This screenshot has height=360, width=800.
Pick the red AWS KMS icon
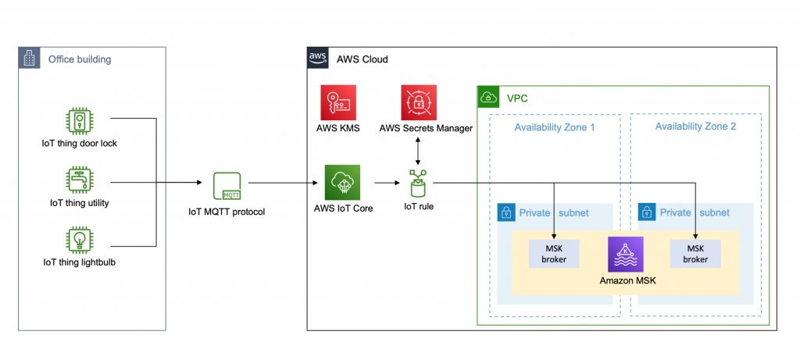click(x=338, y=102)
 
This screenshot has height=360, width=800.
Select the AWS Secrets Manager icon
click(x=420, y=102)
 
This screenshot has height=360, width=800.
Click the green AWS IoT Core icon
click(x=342, y=182)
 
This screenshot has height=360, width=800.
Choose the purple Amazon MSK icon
click(x=626, y=254)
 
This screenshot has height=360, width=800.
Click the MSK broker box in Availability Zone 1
click(x=554, y=253)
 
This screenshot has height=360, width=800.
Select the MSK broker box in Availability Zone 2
click(x=695, y=253)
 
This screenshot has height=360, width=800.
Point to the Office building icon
click(x=29, y=59)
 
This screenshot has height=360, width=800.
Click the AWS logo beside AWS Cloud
click(x=317, y=58)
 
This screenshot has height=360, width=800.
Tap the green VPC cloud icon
click(x=488, y=97)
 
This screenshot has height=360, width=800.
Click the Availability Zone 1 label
click(x=554, y=127)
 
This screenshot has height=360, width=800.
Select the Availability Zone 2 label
click(x=695, y=127)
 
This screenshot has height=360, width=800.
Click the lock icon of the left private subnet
click(x=506, y=212)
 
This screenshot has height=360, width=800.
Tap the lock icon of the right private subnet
click(x=647, y=212)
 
